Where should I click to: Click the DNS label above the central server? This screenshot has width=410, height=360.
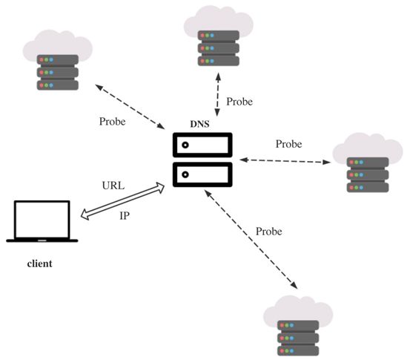coord(199,124)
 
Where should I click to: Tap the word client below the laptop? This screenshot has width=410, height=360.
coord(40,264)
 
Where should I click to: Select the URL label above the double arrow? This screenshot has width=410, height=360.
coord(113,186)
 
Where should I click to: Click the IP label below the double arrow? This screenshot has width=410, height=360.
coord(125,216)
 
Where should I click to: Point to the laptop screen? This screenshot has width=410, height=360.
coord(42,220)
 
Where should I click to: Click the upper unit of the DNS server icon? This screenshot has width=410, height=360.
coord(202,145)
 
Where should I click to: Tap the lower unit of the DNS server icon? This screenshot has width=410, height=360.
coord(202,174)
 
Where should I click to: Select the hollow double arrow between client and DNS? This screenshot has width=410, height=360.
coord(122,201)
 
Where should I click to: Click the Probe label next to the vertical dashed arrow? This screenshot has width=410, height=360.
coord(239,102)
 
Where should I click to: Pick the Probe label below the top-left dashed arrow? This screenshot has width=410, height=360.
coord(112,122)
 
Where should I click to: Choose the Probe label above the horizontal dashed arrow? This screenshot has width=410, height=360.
coord(288,144)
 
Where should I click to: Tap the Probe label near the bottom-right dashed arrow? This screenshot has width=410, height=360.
coord(269,232)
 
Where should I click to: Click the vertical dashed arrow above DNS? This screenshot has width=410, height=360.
coord(217,95)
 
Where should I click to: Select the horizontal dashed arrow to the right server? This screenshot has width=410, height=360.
coord(285,161)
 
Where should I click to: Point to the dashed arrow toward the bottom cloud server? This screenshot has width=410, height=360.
coord(251,239)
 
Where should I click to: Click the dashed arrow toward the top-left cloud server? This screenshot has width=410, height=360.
coord(130,107)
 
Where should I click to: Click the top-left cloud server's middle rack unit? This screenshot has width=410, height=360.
coord(58,72)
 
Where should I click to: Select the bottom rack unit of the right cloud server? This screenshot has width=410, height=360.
coord(368,188)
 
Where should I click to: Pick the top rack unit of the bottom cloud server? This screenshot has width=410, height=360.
coord(298,325)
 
